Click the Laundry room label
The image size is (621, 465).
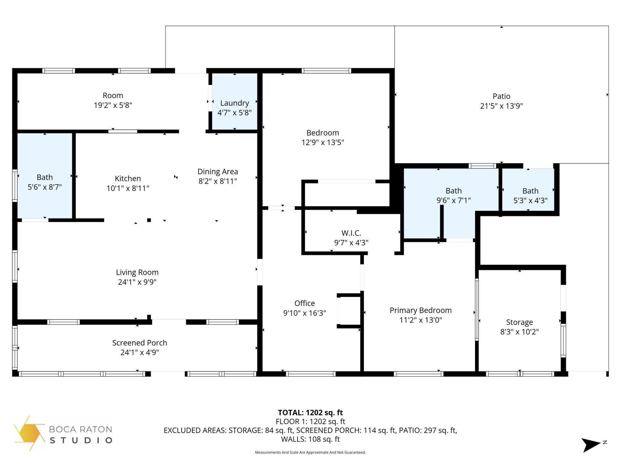point(234,103)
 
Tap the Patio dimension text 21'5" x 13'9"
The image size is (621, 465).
point(501,106)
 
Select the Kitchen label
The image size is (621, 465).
point(128,179)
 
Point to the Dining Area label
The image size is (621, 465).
point(218,171)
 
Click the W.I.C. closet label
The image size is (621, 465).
point(351,233)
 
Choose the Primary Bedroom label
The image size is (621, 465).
point(420,310)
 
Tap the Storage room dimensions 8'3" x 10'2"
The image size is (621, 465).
point(519,332)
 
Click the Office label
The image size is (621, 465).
point(304,303)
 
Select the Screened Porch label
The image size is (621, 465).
point(139,343)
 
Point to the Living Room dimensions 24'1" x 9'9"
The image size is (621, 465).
point(137,282)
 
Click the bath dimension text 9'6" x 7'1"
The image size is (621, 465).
point(453,200)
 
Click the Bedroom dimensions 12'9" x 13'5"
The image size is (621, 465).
point(322,142)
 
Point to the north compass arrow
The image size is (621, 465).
point(591,445)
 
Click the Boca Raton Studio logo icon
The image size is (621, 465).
point(29,433)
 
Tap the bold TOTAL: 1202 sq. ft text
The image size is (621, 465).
point(310,412)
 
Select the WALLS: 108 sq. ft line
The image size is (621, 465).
point(310,439)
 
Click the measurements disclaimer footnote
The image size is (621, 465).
point(310,452)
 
